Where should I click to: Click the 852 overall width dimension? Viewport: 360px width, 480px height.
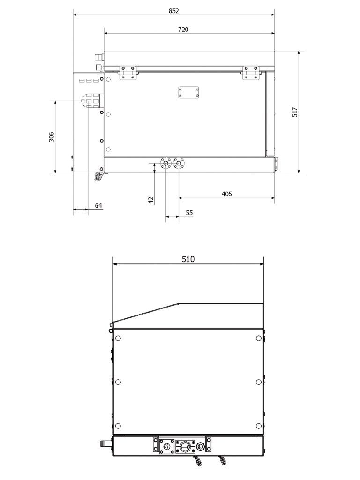tap(173, 10)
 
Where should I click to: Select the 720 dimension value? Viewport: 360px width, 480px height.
tap(183, 30)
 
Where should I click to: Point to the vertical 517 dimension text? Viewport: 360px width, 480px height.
tap(295, 112)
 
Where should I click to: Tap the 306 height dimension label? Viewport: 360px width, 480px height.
tap(52, 136)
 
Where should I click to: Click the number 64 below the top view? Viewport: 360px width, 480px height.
tap(98, 205)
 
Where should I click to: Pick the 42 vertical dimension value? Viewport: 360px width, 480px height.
tap(150, 199)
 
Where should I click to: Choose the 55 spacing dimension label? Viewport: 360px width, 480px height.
tap(189, 212)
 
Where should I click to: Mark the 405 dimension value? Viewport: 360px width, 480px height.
tap(226, 194)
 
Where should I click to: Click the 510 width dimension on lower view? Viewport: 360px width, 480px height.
tap(188, 259)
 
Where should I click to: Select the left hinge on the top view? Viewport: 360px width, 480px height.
tap(127, 72)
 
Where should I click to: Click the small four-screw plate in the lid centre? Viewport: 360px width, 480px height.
tap(188, 92)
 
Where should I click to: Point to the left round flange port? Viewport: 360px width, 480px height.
tap(166, 164)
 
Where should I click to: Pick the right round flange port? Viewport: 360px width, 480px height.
tap(179, 164)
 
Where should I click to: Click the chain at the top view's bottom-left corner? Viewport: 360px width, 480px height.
tap(98, 176)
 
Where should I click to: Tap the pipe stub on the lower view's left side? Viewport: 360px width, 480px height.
tap(106, 442)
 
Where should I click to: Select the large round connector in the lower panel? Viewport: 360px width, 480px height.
tap(184, 445)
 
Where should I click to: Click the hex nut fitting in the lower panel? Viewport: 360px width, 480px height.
tap(165, 445)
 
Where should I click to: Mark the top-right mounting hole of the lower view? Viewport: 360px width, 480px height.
tap(259, 338)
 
